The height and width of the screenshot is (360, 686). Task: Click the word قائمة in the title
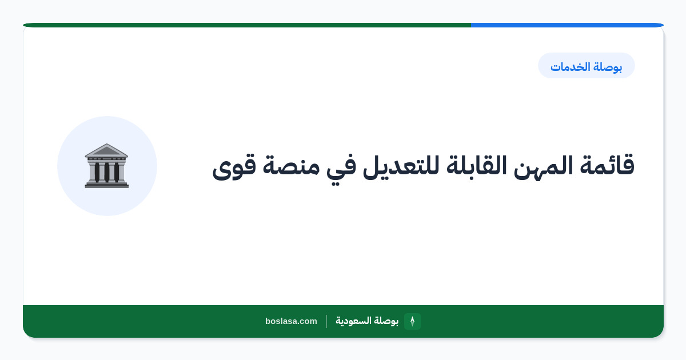click(607, 165)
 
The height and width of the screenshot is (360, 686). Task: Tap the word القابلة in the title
click(476, 166)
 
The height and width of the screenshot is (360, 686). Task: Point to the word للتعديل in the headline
click(401, 166)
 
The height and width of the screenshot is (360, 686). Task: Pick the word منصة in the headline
click(290, 167)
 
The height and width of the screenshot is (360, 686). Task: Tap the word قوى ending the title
click(234, 168)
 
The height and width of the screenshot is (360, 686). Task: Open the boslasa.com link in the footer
click(291, 321)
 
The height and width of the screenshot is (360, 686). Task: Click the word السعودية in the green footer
click(353, 321)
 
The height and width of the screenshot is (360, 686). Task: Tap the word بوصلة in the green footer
click(386, 321)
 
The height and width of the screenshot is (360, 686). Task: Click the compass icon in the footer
click(412, 321)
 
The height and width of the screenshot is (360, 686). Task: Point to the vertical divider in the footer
click(326, 321)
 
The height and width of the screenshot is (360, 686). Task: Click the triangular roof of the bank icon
click(106, 150)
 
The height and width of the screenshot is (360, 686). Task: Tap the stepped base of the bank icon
click(107, 184)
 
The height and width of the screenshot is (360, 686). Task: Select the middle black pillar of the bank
click(107, 172)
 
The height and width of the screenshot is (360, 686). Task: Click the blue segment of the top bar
click(567, 25)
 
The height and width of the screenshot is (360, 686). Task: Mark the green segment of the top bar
click(247, 25)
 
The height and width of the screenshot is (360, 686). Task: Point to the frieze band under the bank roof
click(106, 159)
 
